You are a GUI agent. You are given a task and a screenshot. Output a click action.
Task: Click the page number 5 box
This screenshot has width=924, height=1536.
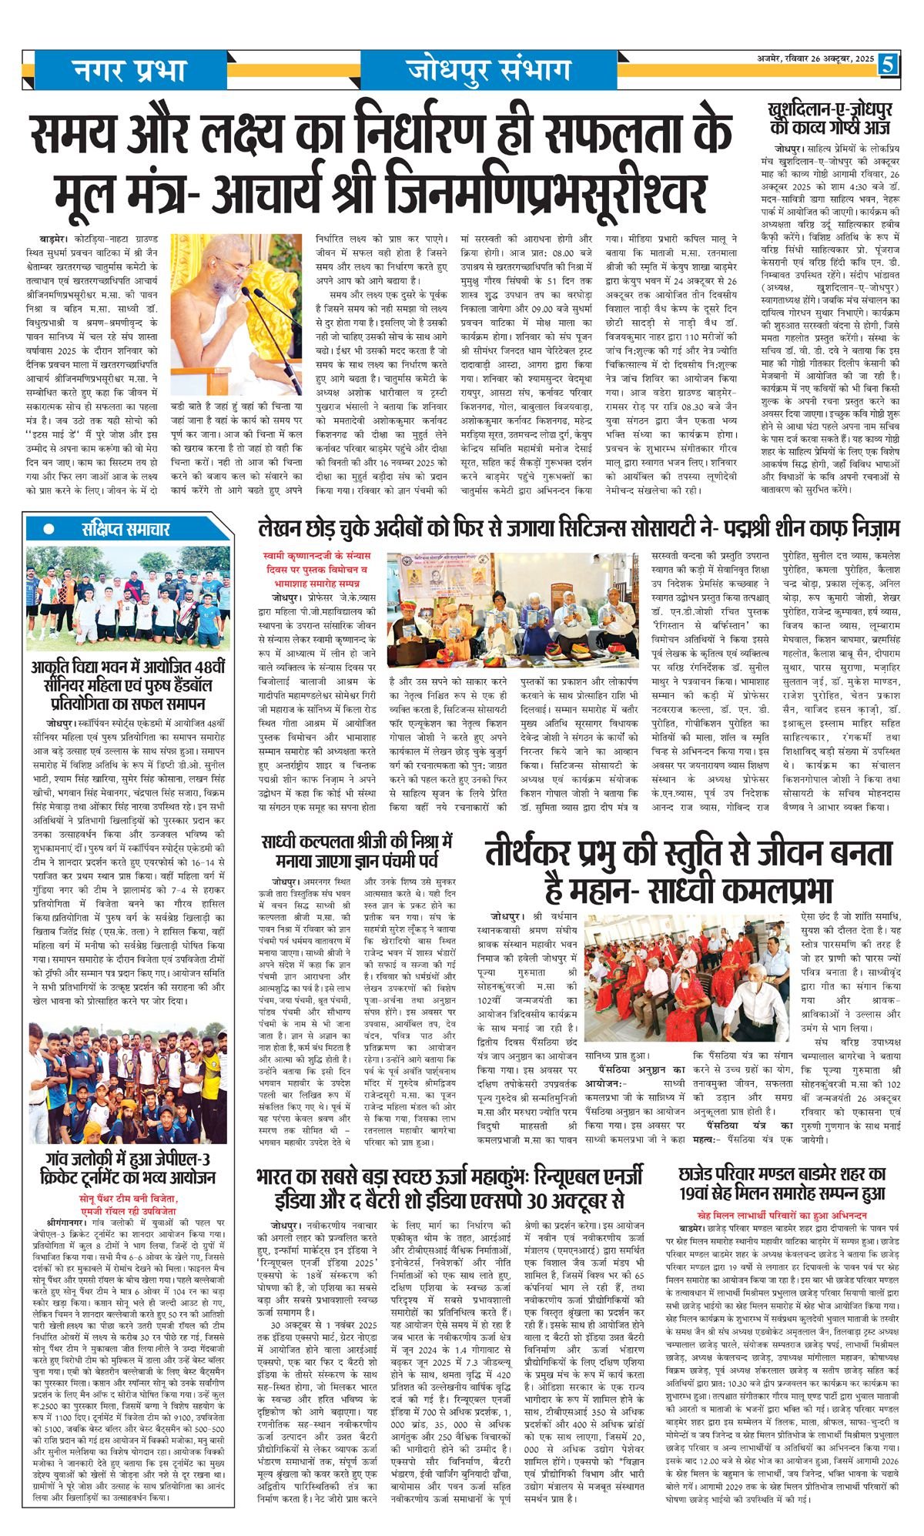[x=889, y=64]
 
